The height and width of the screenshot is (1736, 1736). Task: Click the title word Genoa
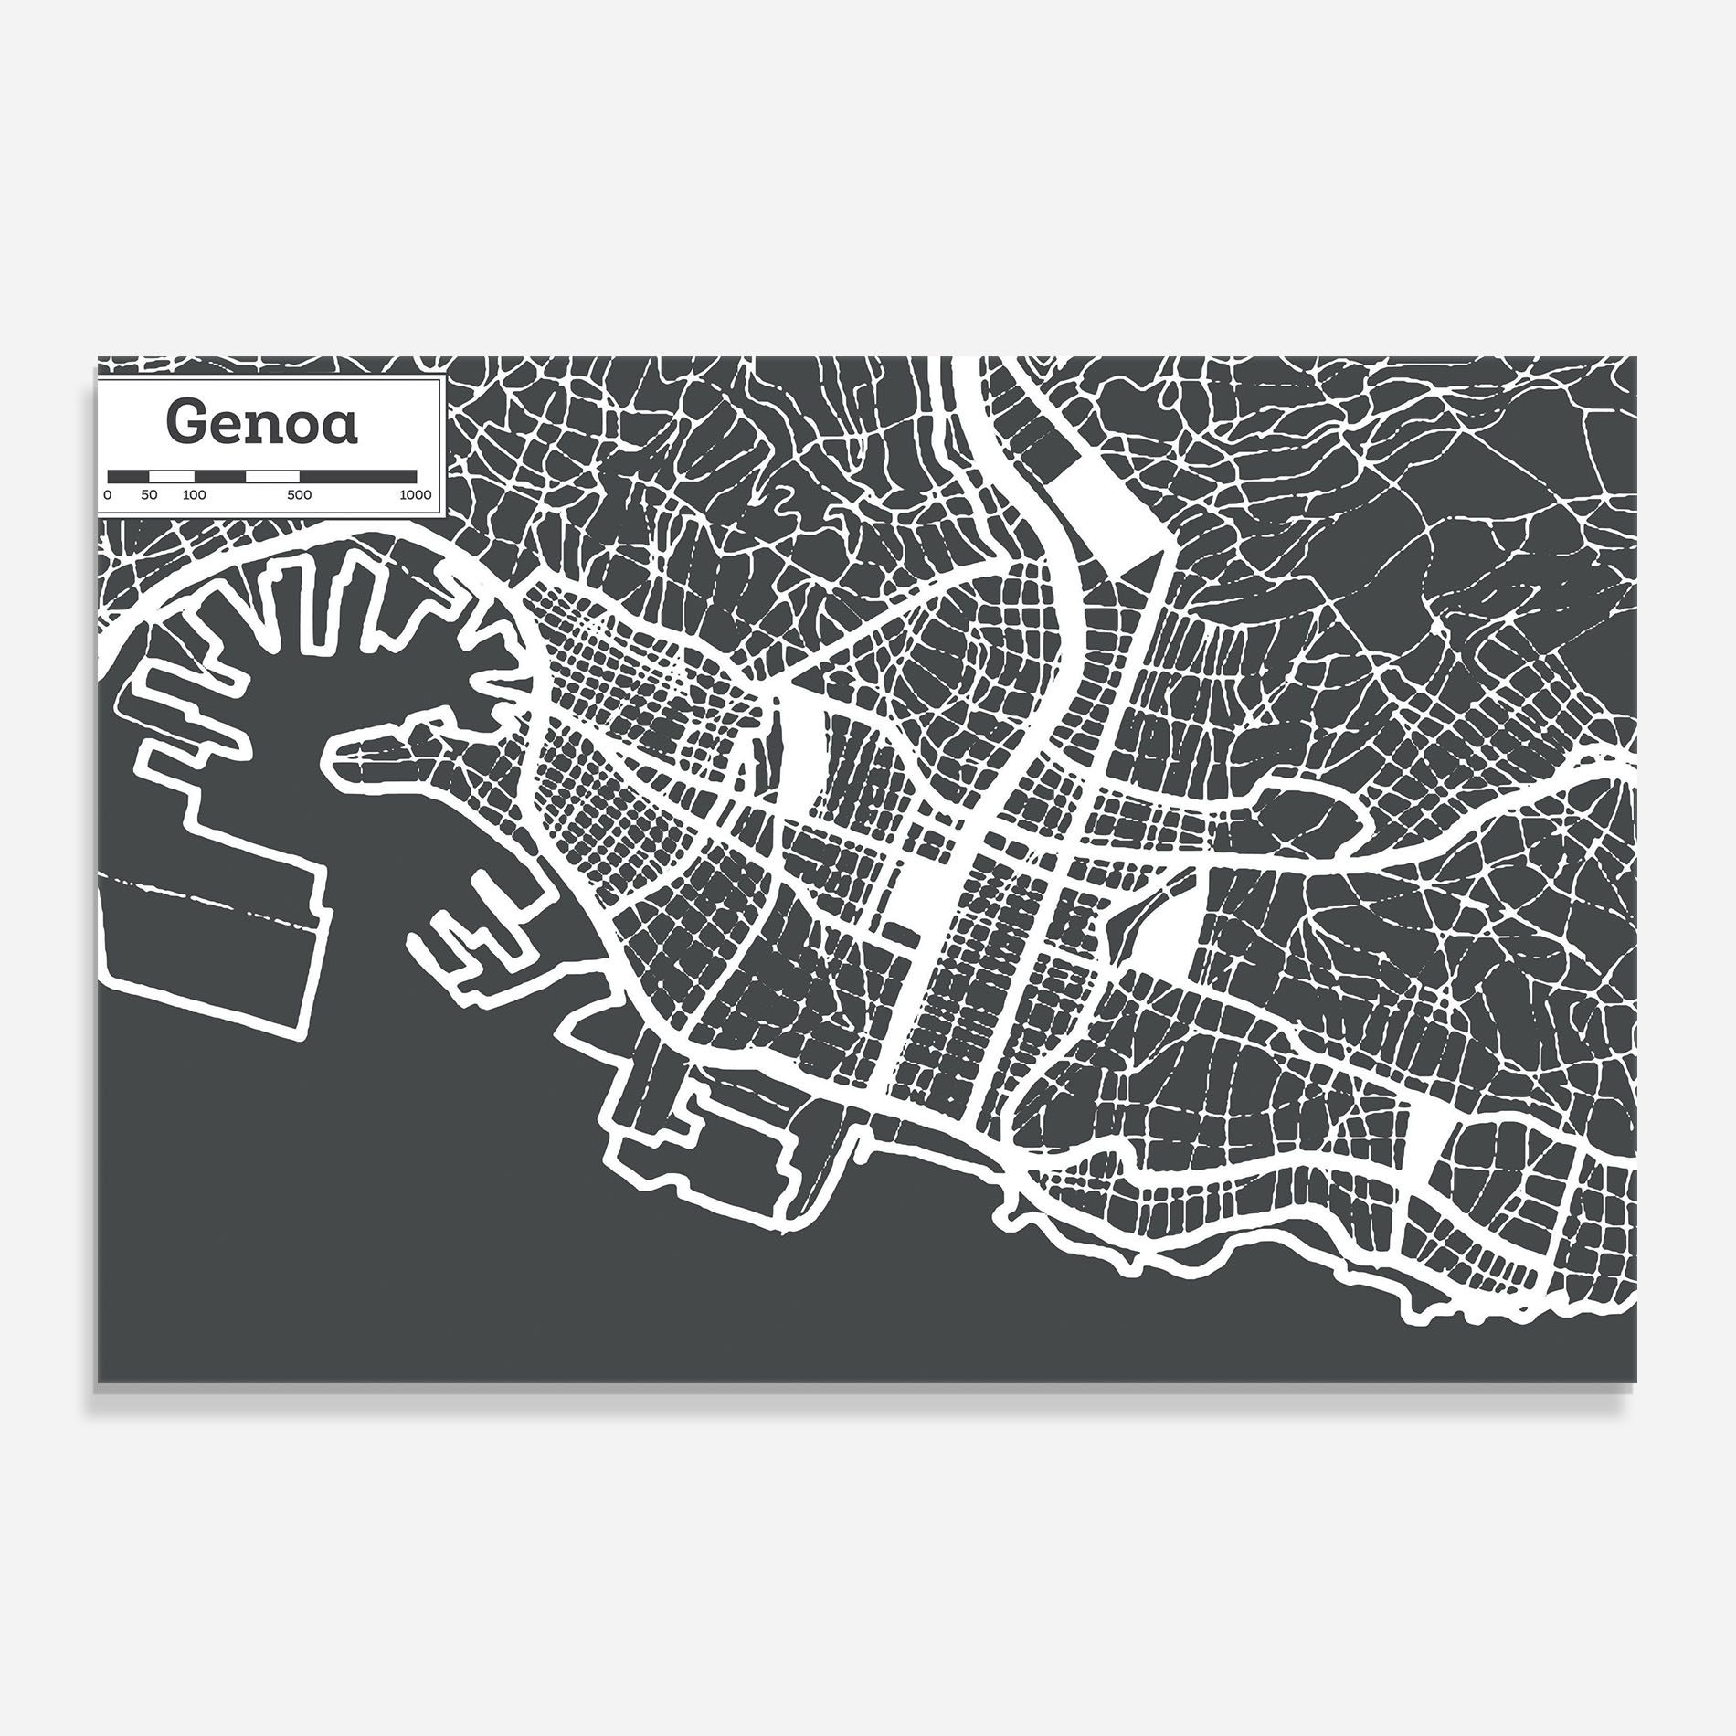coord(261,423)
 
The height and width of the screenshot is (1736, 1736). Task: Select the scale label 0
coord(108,495)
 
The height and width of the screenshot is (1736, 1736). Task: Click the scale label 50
coord(149,495)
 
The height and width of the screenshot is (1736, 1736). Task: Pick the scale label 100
coord(195,495)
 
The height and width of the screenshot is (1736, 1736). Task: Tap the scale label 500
coord(299,495)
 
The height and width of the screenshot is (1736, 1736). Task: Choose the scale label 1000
coord(415,495)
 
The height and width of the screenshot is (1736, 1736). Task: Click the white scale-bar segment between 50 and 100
coord(172,476)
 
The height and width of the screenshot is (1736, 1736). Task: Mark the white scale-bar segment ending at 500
coord(272,476)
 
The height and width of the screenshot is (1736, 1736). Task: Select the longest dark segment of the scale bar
coord(358,476)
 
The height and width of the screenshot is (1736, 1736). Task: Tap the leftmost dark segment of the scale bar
coord(129,476)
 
